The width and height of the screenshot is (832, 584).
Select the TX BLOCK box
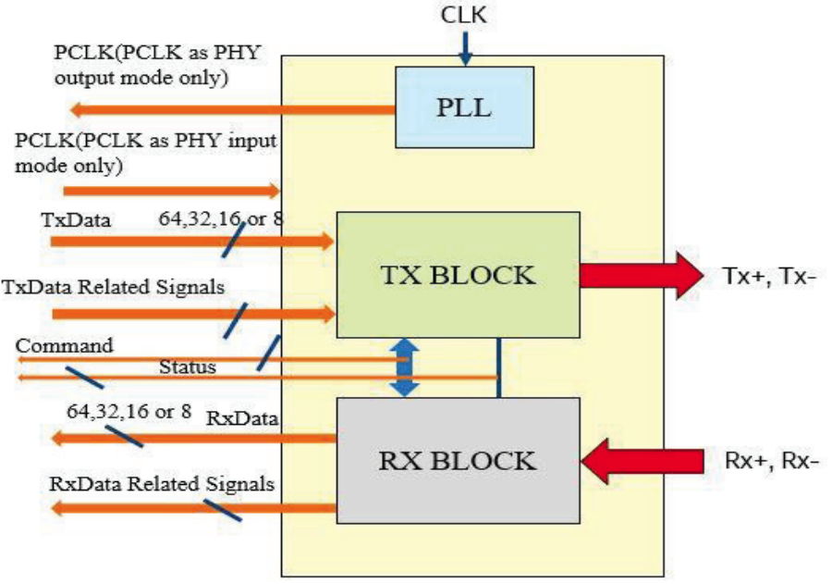tap(458, 275)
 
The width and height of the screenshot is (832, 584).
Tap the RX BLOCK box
tap(458, 459)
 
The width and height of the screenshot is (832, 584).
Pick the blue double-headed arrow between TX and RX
tap(404, 367)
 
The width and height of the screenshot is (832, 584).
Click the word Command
tap(64, 346)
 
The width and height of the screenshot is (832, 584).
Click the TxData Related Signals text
tap(113, 287)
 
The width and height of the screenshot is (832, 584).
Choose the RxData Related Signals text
tap(162, 482)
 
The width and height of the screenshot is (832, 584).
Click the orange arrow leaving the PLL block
tap(231, 110)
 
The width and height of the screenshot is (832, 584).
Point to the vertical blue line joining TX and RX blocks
tap(499, 367)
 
